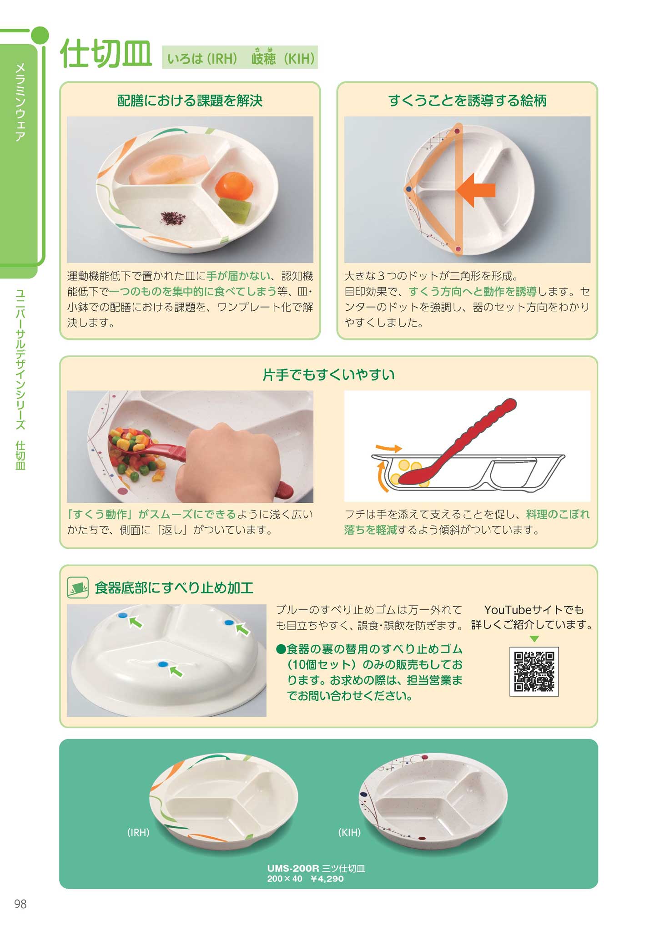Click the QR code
[x=534, y=671]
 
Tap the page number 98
[x=20, y=904]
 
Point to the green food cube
[x=235, y=210]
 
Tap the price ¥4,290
[x=327, y=879]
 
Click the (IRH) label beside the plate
[x=138, y=832]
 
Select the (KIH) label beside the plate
[x=349, y=832]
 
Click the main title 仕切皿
[x=106, y=54]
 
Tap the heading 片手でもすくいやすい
[x=328, y=374]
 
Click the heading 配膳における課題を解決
[x=190, y=101]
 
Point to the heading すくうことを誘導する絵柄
[x=468, y=101]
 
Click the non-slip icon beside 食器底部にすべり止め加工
[x=77, y=587]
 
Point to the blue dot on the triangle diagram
[x=409, y=189]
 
